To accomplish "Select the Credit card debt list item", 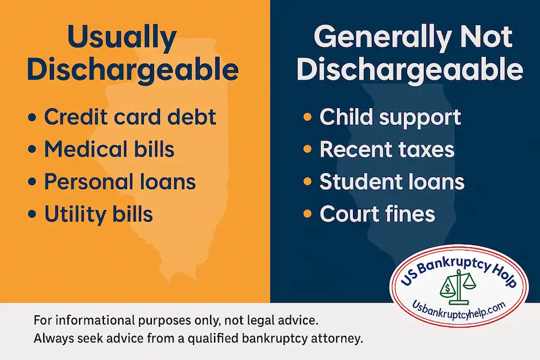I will coord(130,116).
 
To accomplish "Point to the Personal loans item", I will coord(120,182).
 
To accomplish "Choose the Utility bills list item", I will coord(99,215).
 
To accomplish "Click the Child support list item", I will coord(390,116).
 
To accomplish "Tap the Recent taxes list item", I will coord(387,149).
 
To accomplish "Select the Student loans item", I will coord(391,182).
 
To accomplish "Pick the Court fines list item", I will coord(377,215).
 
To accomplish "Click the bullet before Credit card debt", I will coord(32,118).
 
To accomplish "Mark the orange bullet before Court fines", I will coord(307,215).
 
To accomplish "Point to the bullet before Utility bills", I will coord(32,215).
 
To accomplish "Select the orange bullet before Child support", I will coord(307,118).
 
